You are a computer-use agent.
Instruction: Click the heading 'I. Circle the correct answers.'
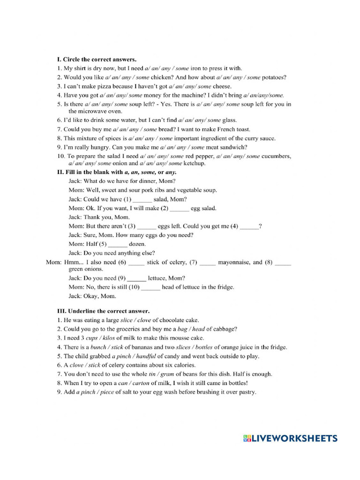[x=97, y=60]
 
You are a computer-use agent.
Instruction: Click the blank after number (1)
[x=142, y=199]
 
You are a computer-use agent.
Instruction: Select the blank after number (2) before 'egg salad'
[x=180, y=208]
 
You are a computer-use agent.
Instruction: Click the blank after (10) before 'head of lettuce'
[x=150, y=287]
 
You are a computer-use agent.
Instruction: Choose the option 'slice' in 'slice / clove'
[x=127, y=320]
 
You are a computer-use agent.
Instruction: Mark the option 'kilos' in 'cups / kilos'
[x=107, y=338]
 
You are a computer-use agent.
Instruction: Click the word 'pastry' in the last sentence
[x=247, y=392]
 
